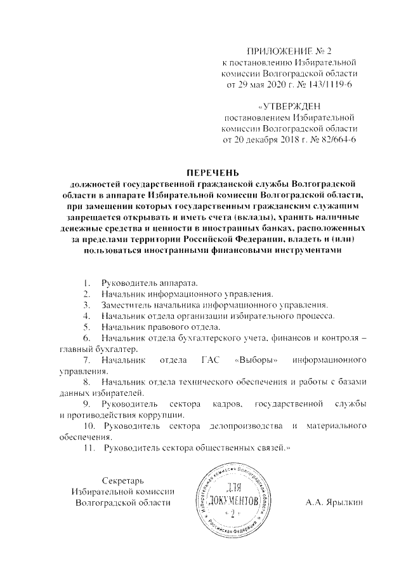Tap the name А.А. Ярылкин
click(334, 503)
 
